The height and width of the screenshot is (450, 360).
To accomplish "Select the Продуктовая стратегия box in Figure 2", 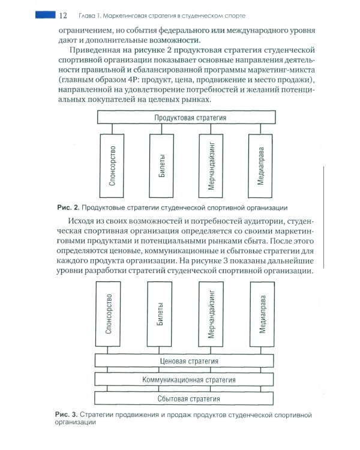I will [x=190, y=118].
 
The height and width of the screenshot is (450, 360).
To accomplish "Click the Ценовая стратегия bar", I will [x=185, y=361].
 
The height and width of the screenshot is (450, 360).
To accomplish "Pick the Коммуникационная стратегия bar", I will [x=185, y=380].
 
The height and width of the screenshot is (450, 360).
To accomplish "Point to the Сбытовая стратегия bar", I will [x=185, y=398].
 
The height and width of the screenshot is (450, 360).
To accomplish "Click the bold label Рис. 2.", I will [x=68, y=208].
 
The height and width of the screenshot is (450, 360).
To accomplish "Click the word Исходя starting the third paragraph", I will [x=92, y=224].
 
